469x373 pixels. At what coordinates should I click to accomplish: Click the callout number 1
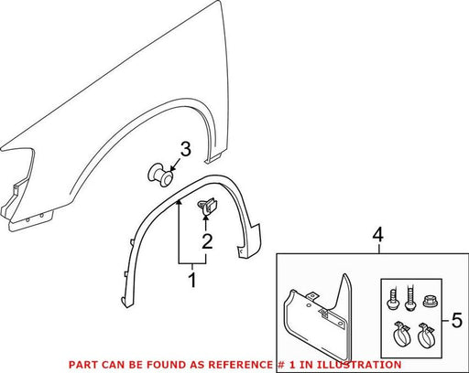tap(192, 281)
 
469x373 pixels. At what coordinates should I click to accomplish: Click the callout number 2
tap(207, 242)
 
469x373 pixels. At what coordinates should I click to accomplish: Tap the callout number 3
tap(185, 149)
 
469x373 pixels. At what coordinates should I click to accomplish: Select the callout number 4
tap(378, 236)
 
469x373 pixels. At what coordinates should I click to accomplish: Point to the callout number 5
tap(457, 320)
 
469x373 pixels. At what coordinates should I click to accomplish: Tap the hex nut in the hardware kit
tap(430, 302)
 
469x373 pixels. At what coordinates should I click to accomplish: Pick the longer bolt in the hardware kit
tap(410, 299)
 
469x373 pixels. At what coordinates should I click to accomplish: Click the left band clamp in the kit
tap(401, 335)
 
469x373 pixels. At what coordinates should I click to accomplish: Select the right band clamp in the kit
tap(426, 336)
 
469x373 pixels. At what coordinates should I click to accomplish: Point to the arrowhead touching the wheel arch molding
tap(179, 203)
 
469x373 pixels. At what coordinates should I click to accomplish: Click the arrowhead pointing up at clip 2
tap(206, 218)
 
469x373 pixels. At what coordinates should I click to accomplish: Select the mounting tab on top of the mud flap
tap(311, 296)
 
